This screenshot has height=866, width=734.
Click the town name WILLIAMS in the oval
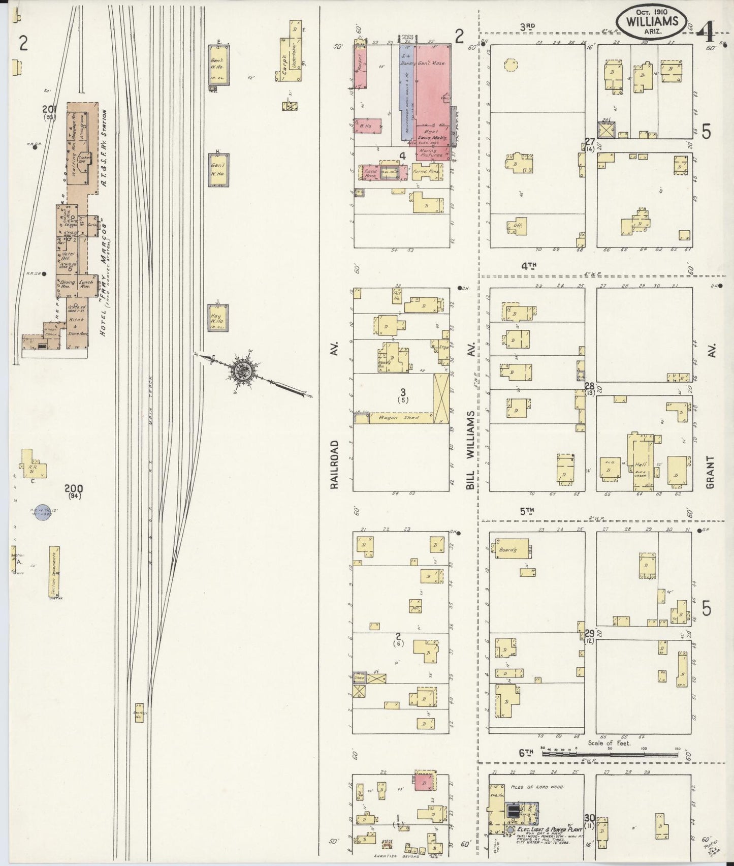click(652, 21)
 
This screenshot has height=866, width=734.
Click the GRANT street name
click(710, 472)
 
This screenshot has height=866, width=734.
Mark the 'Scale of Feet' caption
click(609, 743)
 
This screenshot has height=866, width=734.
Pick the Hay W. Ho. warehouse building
click(218, 318)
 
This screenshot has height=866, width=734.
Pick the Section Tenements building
click(54, 572)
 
